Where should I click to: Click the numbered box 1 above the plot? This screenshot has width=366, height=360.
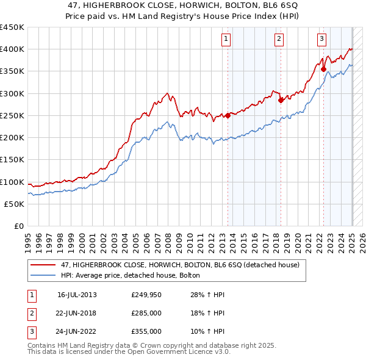coord(226,40)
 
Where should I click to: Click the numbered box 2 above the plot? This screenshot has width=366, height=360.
coord(279,40)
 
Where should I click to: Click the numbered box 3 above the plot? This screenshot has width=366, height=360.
coord(321,40)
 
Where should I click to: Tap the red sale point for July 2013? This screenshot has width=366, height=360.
coord(228,115)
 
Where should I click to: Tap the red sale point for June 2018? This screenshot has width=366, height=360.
coord(281,100)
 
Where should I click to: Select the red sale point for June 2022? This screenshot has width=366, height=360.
coord(323,69)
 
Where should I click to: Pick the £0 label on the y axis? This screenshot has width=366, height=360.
coord(18,226)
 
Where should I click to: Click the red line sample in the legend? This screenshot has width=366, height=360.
coord(43,265)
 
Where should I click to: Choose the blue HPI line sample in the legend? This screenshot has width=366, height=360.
coord(43,276)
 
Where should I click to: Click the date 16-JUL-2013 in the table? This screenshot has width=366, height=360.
coord(77,295)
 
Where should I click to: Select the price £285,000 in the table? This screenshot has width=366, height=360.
coord(146,314)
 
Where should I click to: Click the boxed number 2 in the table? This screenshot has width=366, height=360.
coord(31,314)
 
